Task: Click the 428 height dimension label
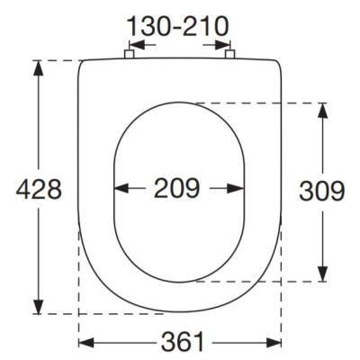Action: pos(39,189)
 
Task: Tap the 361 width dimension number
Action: pos(183,342)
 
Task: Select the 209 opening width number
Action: pos(177,188)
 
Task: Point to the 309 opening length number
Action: pos(322,191)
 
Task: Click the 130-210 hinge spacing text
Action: pos(177,26)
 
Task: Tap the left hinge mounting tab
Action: pos(129,54)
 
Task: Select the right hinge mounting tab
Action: pos(229,54)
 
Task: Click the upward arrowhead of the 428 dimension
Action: pos(39,67)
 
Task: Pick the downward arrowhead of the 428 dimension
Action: pos(39,306)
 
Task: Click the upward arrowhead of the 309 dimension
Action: pos(322,111)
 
